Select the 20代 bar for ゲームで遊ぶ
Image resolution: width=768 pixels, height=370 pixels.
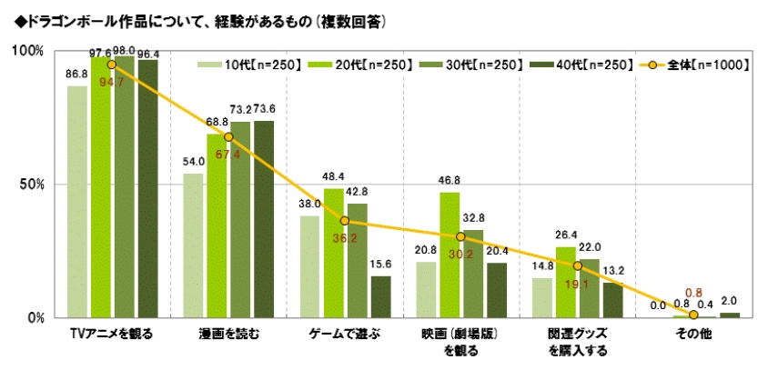tap(333, 254)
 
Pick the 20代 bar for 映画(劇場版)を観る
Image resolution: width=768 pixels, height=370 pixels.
tap(450, 255)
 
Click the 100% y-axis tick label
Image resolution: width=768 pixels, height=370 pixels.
tap(29, 51)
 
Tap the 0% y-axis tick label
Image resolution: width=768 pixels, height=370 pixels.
tap(35, 318)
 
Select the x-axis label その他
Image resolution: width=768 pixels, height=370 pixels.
tap(692, 334)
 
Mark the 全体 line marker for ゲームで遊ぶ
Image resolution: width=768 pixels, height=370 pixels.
tap(344, 221)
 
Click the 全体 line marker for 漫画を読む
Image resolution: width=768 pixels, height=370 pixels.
tap(227, 137)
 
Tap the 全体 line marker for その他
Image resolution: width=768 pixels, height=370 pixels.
tap(693, 315)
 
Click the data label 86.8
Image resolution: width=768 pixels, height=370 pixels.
tap(76, 73)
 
